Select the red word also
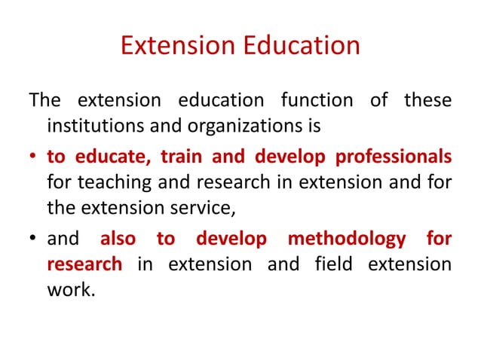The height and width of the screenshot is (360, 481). point(118,239)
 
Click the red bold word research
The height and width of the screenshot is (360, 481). point(84,264)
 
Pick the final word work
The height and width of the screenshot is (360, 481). point(70,288)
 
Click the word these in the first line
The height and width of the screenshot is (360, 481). point(428,99)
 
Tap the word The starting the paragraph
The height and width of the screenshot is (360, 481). point(42,99)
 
